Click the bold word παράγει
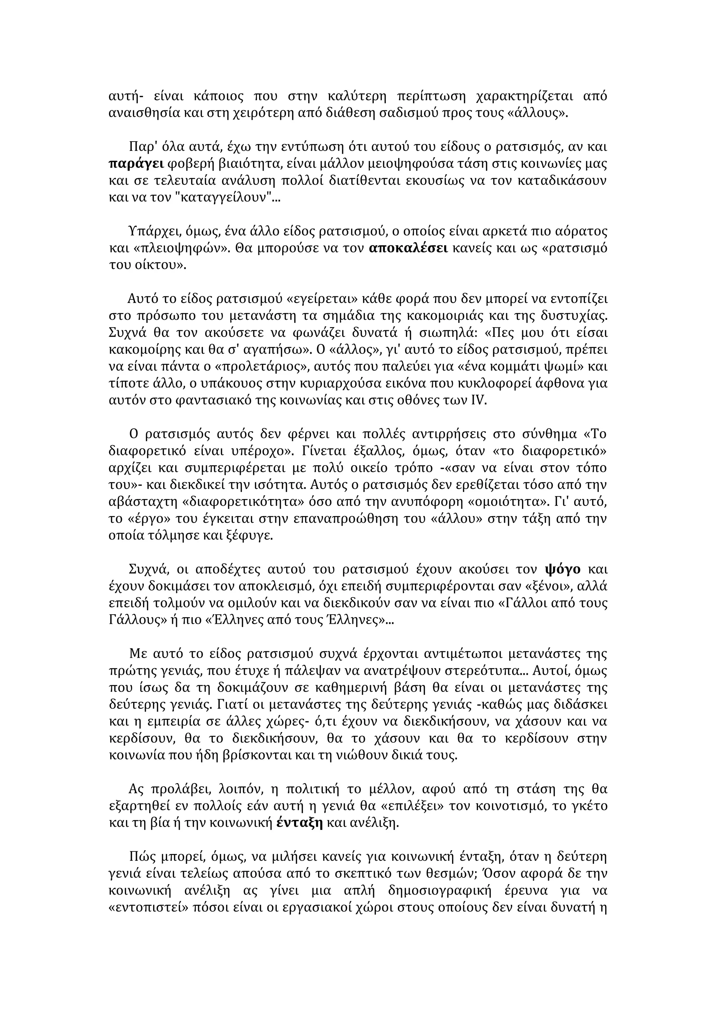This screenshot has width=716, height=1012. (x=136, y=164)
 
